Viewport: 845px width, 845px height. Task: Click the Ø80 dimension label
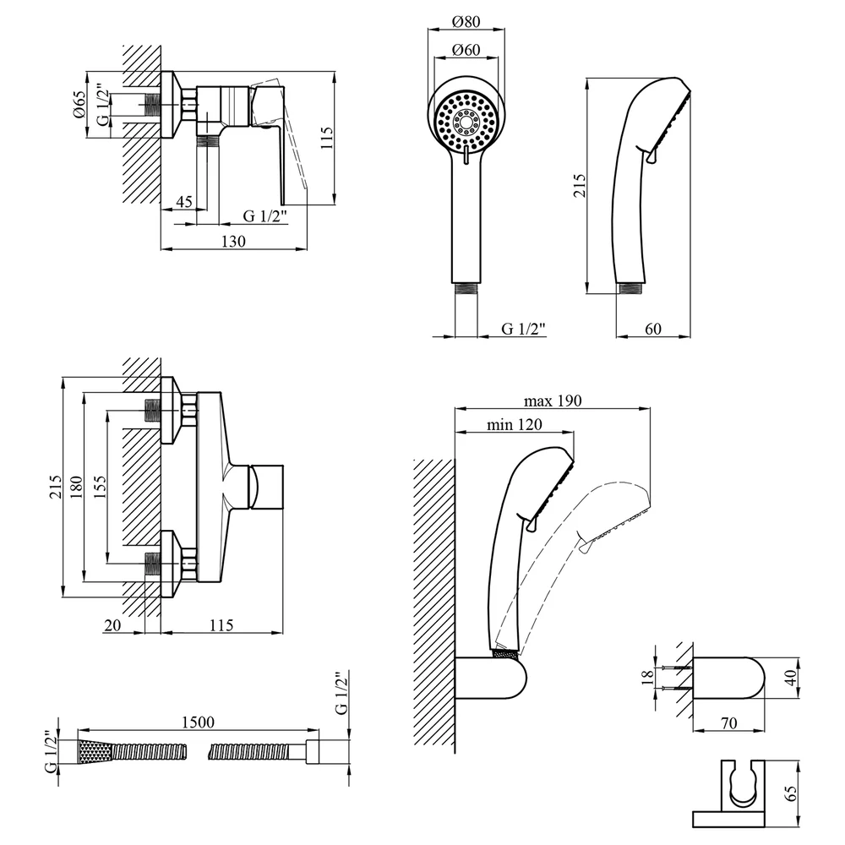[x=466, y=22]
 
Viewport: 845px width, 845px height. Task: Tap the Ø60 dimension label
[x=466, y=50]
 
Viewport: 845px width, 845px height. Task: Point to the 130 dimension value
[x=233, y=241]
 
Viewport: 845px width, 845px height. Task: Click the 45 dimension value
[x=184, y=202]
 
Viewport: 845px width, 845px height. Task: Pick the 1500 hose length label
[x=198, y=722]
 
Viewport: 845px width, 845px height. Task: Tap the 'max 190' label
[x=553, y=401]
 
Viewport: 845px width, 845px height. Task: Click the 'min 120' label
[x=515, y=425]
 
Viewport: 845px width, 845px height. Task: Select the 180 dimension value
[x=77, y=488]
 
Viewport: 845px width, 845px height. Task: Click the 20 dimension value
[x=112, y=625]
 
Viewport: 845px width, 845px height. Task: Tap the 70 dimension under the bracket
[x=728, y=722]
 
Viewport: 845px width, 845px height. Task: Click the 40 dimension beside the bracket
[x=790, y=678]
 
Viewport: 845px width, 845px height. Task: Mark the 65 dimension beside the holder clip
[x=791, y=793]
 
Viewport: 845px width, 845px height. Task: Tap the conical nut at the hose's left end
[x=95, y=752]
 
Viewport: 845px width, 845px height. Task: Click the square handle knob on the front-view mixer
[x=267, y=486]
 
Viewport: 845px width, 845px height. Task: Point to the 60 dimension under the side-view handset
[x=653, y=329]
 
